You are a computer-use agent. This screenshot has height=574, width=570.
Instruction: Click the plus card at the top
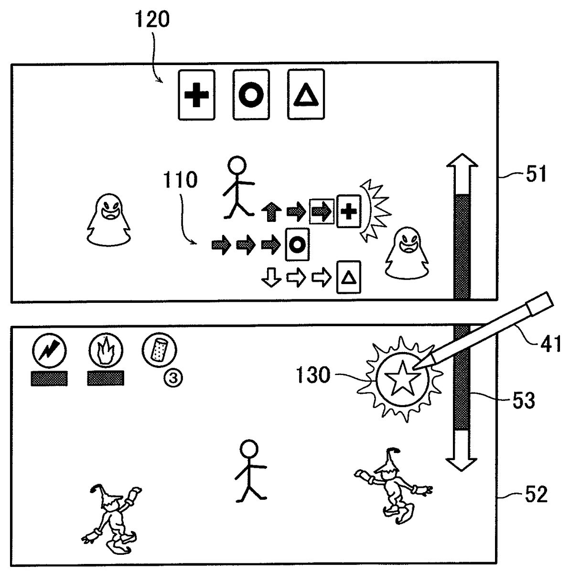[x=196, y=95]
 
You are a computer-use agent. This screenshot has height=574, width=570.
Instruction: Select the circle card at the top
[x=251, y=95]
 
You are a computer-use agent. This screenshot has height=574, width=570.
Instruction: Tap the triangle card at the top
[x=306, y=95]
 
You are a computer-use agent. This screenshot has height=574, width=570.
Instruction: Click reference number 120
[x=152, y=20]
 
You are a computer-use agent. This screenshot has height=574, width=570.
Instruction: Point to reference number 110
[x=180, y=180]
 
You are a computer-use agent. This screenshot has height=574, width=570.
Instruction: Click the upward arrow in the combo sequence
[x=271, y=212]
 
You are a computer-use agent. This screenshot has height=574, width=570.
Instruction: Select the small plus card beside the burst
[x=349, y=211]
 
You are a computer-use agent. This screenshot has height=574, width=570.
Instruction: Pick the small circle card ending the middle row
[x=297, y=244]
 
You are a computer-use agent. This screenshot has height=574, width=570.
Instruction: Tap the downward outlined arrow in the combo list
[x=271, y=277]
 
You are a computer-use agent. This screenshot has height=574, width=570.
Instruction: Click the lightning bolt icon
[x=49, y=351]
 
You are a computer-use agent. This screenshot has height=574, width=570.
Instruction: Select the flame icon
[x=105, y=351]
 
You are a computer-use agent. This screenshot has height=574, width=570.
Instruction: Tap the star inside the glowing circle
[x=400, y=378]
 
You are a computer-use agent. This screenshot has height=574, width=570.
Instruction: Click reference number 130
[x=312, y=375]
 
